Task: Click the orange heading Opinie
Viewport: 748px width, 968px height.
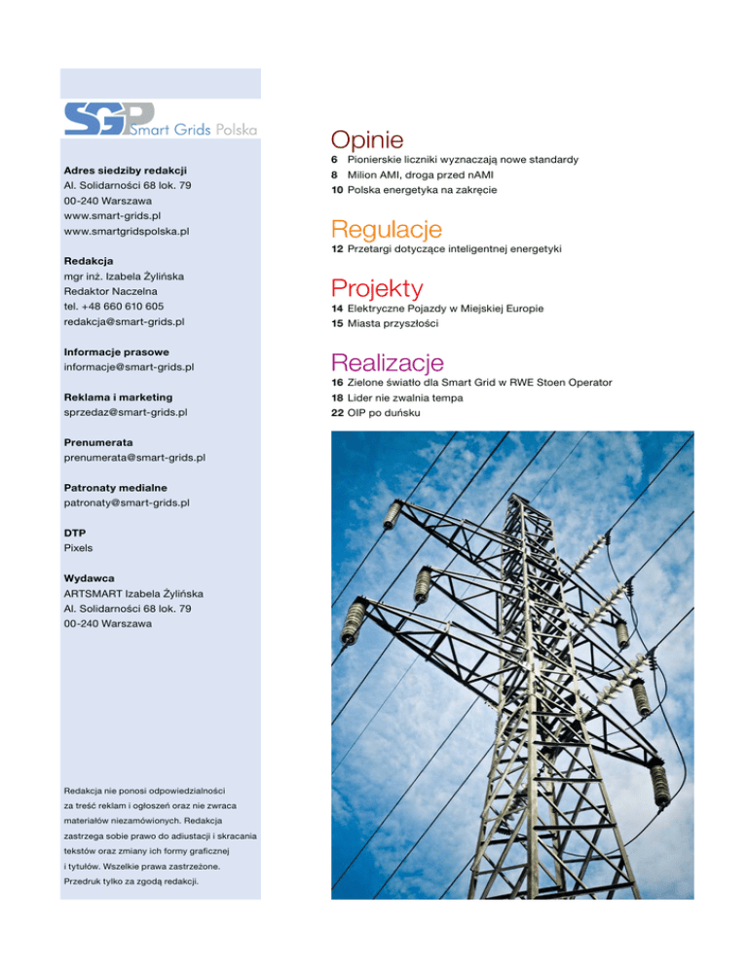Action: click(367, 140)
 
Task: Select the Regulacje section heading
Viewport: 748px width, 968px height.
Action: click(387, 230)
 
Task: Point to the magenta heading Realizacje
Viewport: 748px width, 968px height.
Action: click(388, 362)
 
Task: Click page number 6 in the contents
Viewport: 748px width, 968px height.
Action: click(335, 159)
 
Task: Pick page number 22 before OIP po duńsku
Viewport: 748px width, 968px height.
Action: click(337, 413)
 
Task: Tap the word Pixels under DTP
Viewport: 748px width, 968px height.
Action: click(79, 548)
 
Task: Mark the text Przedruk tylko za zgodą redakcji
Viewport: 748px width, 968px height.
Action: click(132, 881)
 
